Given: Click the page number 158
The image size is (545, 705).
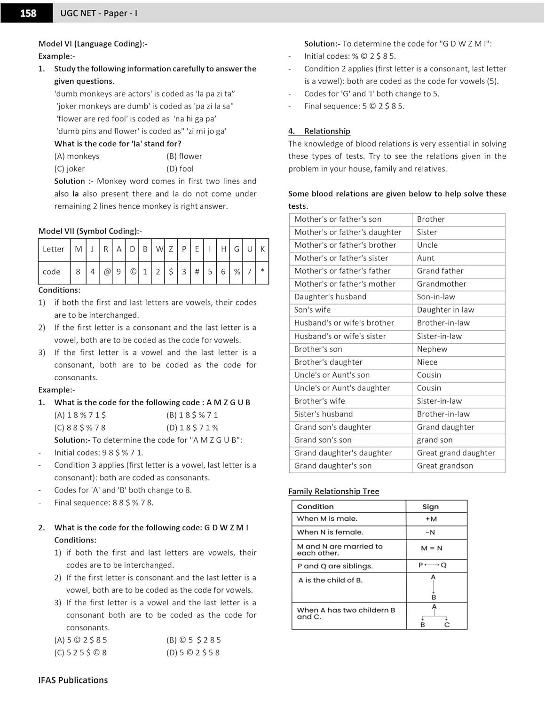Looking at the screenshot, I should tap(28, 13).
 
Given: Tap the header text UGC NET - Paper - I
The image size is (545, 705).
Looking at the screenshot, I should tap(99, 13).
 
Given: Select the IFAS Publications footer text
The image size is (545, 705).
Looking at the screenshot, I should tap(73, 680).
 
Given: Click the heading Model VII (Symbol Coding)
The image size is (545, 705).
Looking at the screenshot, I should tap(90, 231).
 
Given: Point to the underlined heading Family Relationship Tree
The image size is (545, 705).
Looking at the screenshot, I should tap(333, 491).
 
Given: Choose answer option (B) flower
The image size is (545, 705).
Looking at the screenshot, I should tap(184, 156).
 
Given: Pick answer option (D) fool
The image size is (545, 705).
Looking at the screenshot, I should tap(180, 169).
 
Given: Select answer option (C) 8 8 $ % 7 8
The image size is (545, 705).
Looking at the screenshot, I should tap(80, 428).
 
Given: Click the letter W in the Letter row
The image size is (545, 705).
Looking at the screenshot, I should tap(159, 249).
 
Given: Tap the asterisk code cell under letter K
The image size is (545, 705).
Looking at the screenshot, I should tap(262, 272).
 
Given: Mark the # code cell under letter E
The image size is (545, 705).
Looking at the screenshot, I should tap(197, 272).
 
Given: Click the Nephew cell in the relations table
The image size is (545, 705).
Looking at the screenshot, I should tap(432, 349).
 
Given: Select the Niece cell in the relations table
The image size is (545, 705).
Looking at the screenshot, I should tap(427, 362).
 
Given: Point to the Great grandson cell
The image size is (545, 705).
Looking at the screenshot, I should tap(445, 466).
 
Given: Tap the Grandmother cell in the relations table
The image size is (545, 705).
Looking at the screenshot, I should tap(441, 284).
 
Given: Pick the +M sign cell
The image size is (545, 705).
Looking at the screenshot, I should tap(431, 519).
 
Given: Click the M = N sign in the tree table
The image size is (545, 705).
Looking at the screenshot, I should tap(431, 548).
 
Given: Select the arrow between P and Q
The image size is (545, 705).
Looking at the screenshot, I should tap(432, 565).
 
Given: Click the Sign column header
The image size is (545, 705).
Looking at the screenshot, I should tap(430, 507).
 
